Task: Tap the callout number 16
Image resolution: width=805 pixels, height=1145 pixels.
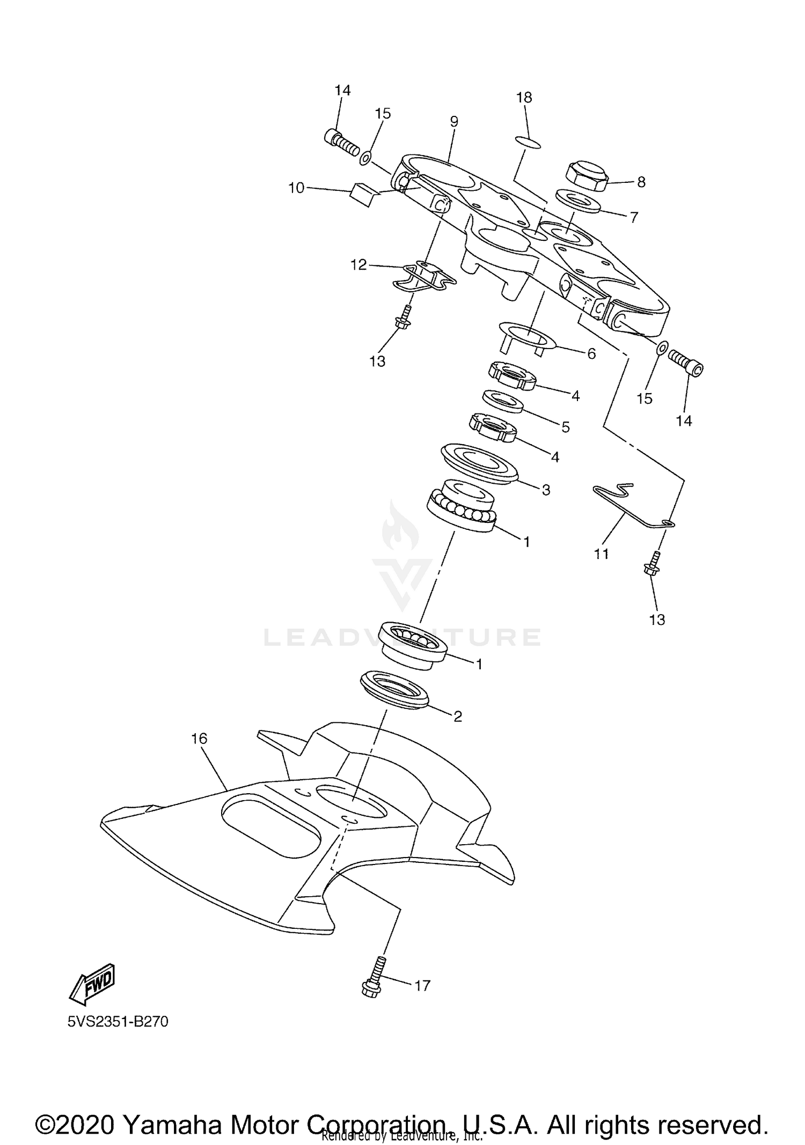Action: (x=199, y=739)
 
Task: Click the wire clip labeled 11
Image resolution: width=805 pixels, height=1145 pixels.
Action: (x=628, y=504)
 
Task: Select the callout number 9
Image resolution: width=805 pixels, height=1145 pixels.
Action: (x=454, y=122)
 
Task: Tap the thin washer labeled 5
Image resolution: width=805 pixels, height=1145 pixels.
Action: (x=503, y=401)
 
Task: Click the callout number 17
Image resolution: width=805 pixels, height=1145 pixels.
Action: (x=422, y=985)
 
